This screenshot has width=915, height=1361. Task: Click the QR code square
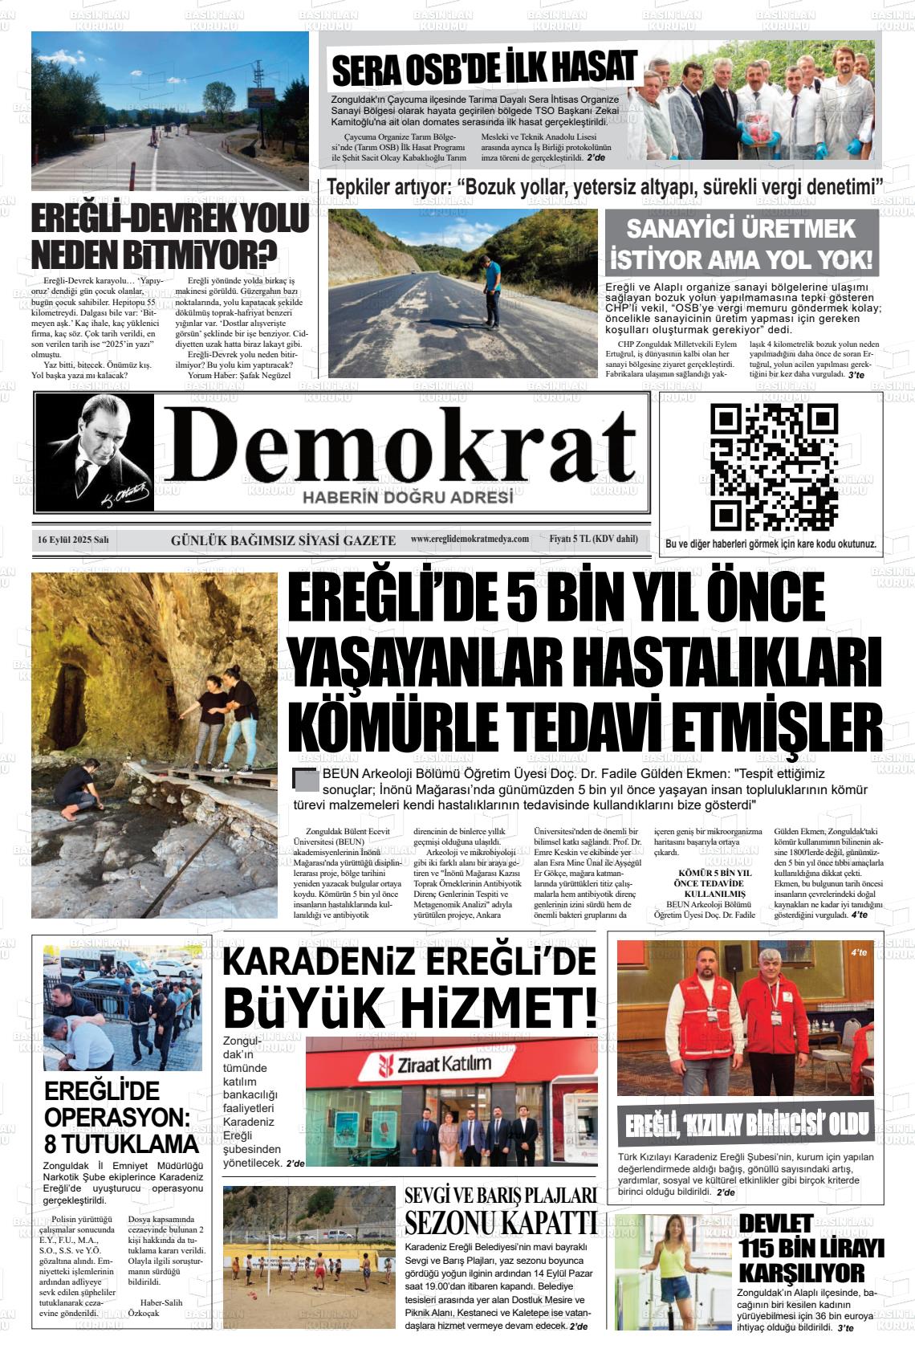point(775,466)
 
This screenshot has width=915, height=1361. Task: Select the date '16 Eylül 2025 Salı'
point(73,540)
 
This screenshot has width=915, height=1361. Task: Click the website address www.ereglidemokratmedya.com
point(470,539)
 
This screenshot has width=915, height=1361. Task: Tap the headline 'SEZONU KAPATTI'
point(501,1224)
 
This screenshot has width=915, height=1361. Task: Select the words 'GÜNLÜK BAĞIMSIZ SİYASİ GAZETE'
point(283,540)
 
